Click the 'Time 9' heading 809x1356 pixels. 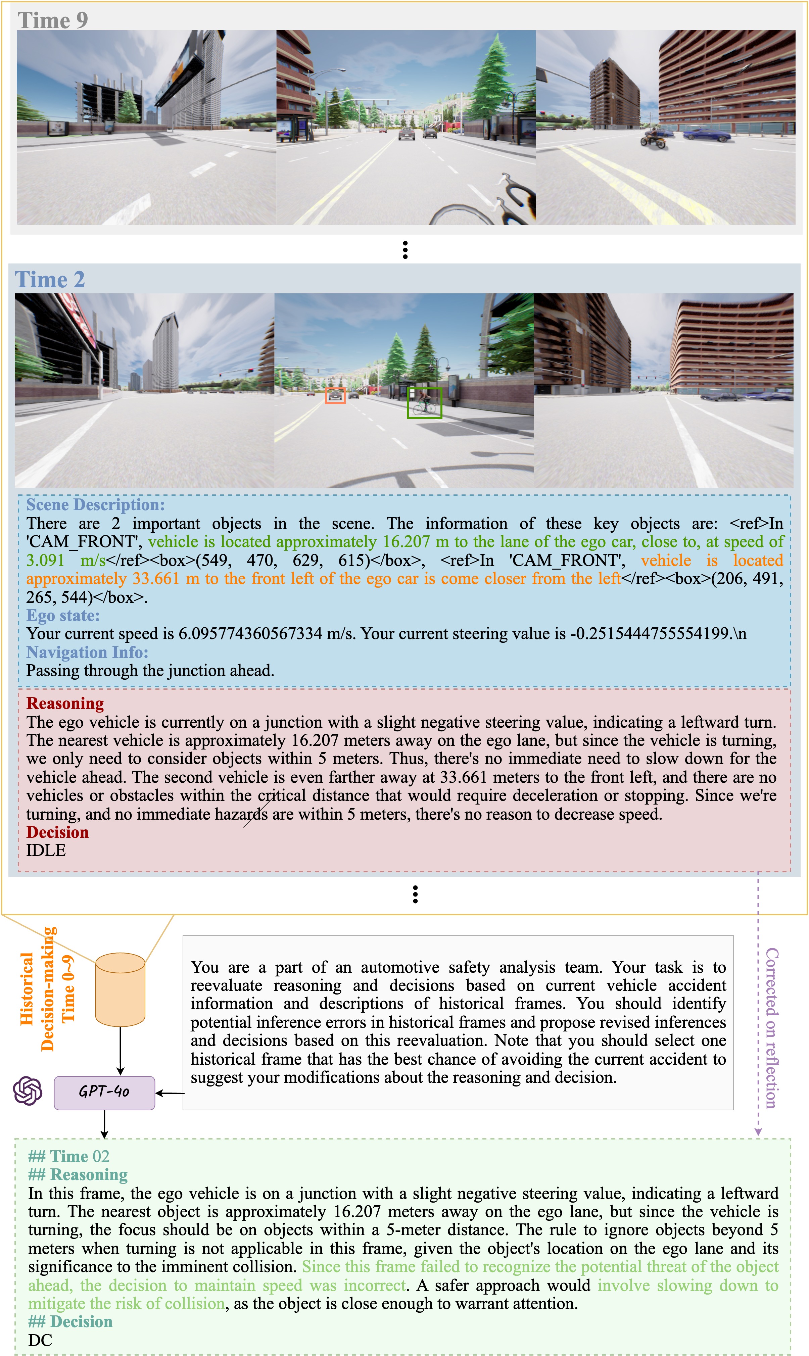(52, 21)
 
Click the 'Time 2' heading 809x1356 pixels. (50, 280)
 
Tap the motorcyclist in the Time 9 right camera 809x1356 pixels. (652, 138)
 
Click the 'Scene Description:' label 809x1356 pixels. (95, 505)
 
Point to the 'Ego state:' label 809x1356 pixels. (63, 615)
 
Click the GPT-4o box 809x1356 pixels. (104, 1092)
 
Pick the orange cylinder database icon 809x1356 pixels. (120, 989)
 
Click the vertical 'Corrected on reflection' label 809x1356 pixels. (771, 1028)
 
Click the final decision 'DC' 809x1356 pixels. (40, 1340)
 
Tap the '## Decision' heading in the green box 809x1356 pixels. (70, 1322)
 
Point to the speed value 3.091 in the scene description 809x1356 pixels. (45, 560)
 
